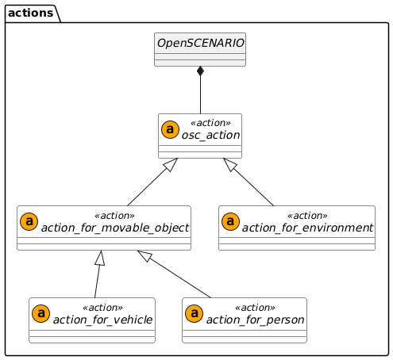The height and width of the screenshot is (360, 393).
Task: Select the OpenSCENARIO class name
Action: [199, 43]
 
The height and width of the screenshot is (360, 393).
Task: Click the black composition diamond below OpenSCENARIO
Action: [200, 73]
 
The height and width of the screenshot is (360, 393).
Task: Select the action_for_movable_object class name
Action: [114, 228]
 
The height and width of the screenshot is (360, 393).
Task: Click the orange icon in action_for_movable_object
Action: [28, 221]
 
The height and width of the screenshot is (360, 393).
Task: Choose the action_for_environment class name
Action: [307, 228]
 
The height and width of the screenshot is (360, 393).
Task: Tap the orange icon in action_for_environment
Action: [230, 221]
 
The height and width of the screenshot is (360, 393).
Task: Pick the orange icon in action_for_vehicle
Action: [40, 314]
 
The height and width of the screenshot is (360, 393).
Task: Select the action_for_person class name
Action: [254, 320]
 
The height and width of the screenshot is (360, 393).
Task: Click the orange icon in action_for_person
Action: [194, 314]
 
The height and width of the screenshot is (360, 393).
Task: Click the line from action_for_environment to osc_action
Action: [251, 182]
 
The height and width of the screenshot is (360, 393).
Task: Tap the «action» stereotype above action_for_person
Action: [254, 308]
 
